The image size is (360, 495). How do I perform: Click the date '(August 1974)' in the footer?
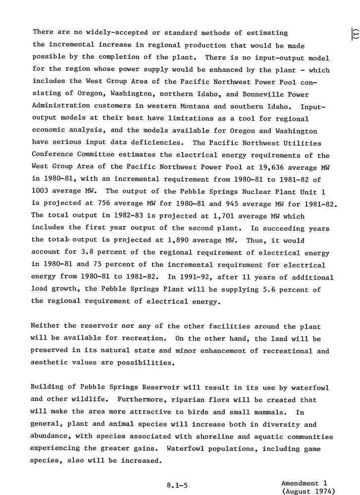click(x=308, y=491)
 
